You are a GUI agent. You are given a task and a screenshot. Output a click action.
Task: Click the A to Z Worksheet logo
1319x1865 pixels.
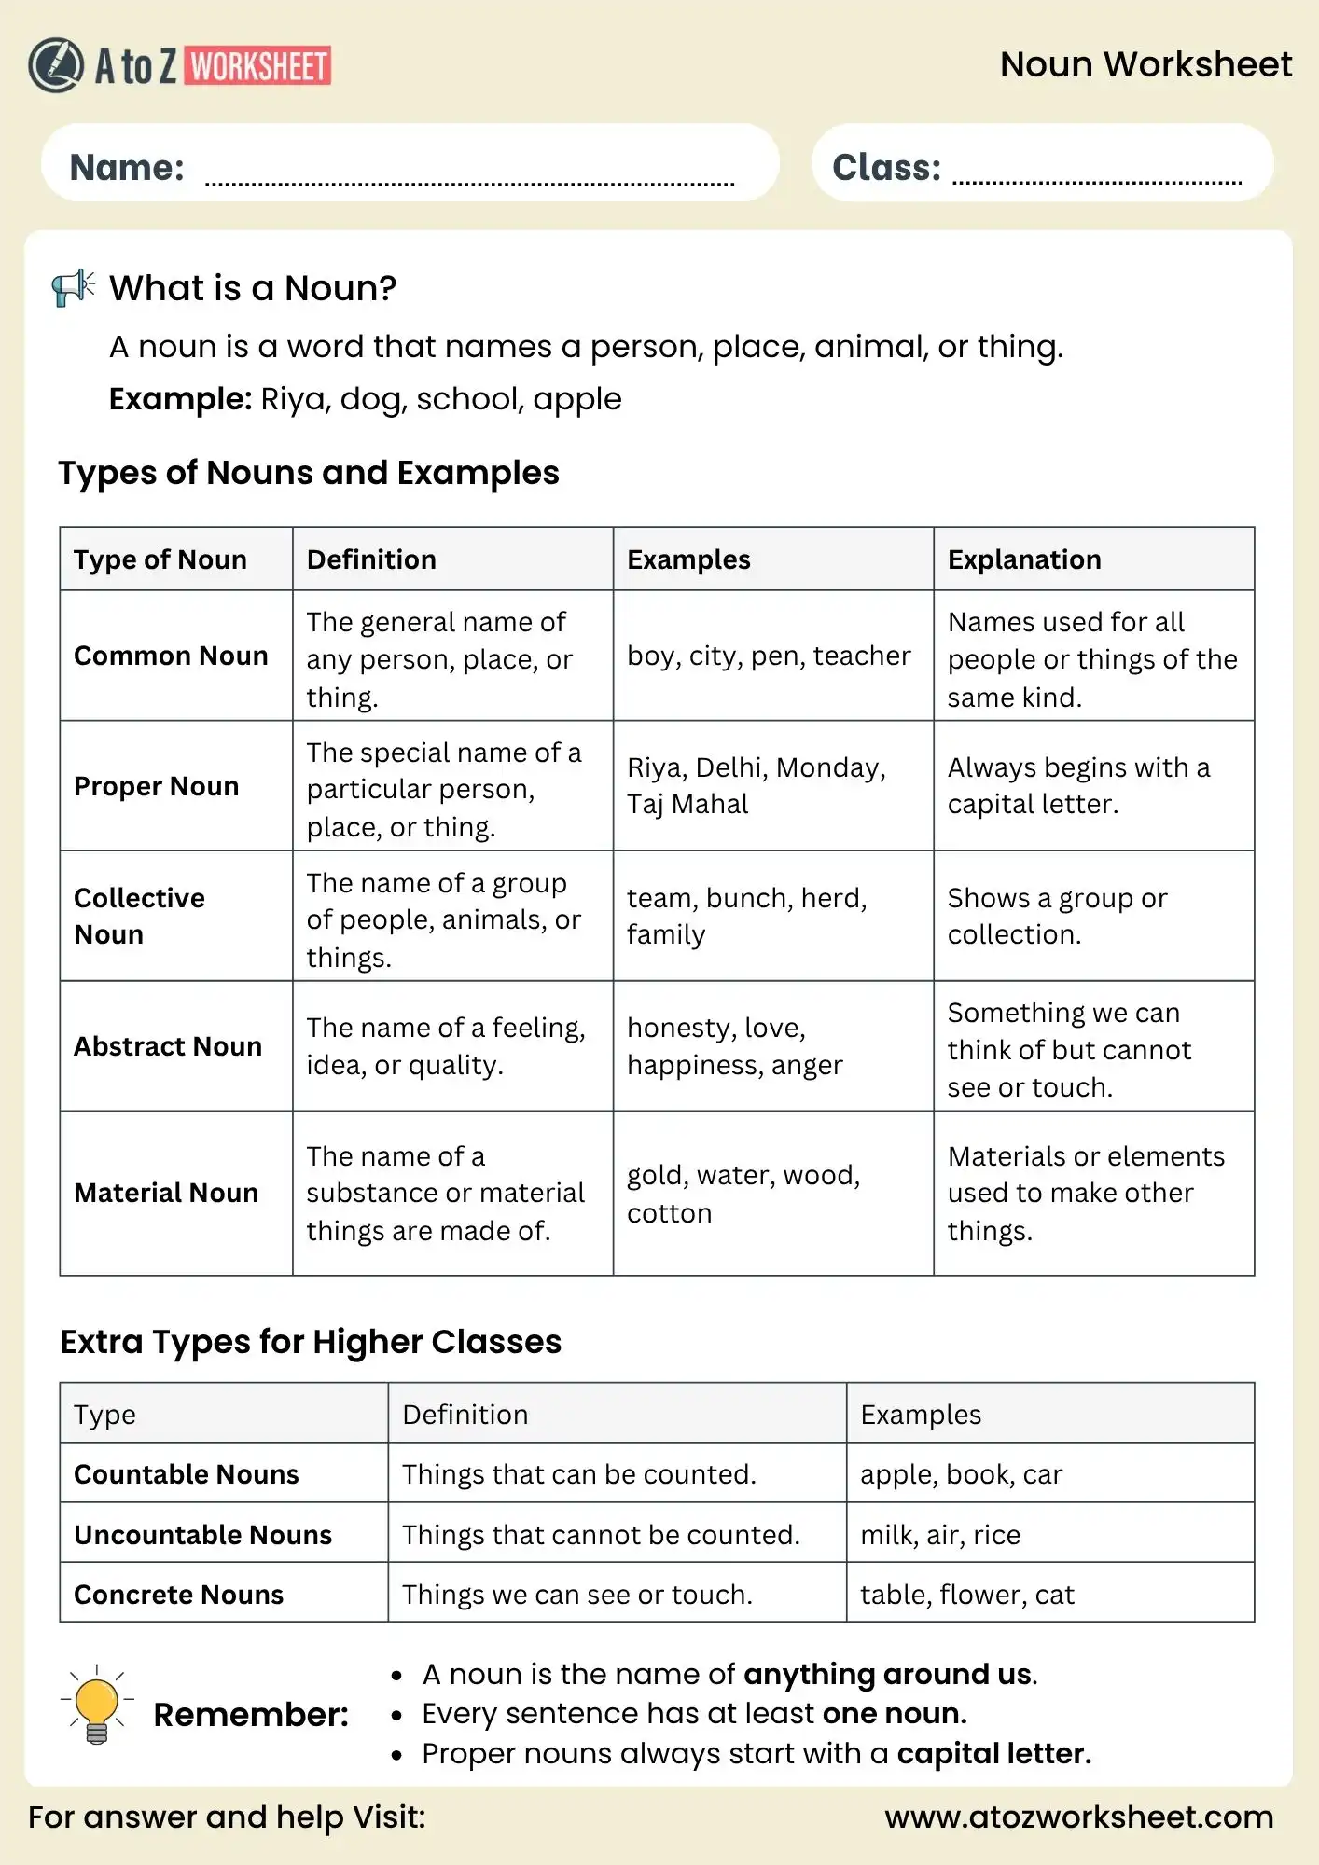click(179, 65)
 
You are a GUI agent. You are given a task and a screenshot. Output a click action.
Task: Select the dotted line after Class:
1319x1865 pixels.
click(1096, 180)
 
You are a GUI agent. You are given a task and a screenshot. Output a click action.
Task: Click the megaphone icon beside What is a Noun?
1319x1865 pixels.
click(74, 287)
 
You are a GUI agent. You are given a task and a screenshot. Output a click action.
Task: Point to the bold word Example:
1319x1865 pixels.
click(180, 399)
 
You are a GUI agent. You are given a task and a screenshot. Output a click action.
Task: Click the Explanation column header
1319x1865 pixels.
click(1024, 559)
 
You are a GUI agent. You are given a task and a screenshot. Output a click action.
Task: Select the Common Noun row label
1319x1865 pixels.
click(171, 656)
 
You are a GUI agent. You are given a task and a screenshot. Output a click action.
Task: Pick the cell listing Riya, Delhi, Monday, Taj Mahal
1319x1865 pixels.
click(756, 785)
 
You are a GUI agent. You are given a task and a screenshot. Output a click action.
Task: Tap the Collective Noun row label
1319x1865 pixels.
click(140, 916)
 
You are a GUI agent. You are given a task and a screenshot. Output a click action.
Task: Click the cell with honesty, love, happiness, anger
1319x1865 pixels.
click(735, 1046)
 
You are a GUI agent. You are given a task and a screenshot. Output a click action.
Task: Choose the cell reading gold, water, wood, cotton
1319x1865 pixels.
click(743, 1194)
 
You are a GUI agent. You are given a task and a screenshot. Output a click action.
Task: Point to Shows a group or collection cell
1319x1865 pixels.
click(1057, 916)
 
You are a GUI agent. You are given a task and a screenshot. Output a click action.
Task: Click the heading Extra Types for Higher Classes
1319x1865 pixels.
click(311, 1342)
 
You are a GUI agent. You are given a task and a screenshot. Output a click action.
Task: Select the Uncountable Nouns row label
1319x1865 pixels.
click(202, 1535)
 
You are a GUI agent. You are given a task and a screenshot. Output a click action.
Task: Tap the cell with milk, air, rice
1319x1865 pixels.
click(939, 1535)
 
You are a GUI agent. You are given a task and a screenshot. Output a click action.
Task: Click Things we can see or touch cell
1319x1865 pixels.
click(576, 1595)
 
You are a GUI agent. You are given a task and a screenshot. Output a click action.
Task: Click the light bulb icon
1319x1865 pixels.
click(97, 1706)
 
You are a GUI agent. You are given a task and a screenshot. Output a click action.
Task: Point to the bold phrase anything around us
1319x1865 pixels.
click(888, 1675)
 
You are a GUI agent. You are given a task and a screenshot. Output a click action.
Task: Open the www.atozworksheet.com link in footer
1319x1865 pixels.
click(1078, 1817)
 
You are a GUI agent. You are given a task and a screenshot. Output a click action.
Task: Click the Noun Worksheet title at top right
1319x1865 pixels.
click(1145, 64)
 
